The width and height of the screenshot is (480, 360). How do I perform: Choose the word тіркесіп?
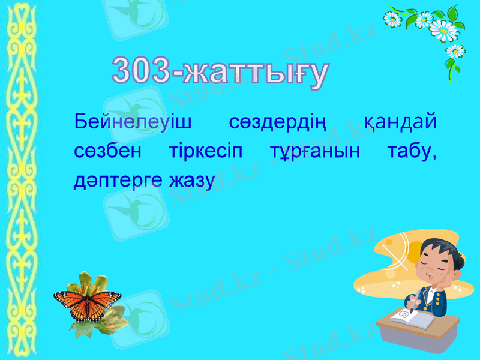204,152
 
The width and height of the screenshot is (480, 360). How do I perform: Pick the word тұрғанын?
314,152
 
